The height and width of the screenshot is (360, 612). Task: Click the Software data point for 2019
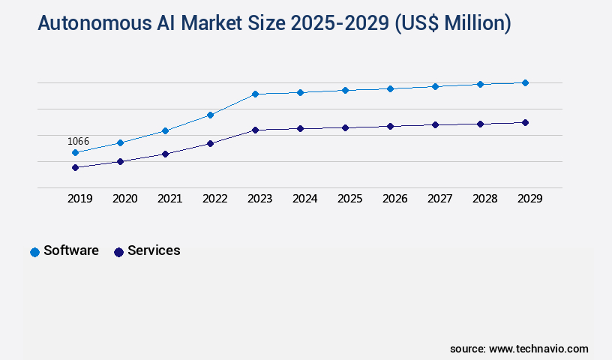[x=75, y=152]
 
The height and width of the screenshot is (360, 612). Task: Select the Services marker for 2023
[x=255, y=130]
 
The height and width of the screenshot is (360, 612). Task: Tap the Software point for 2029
[x=525, y=82]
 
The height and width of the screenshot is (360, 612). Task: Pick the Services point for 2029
[x=525, y=122]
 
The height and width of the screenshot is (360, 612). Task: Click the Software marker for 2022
[x=210, y=115]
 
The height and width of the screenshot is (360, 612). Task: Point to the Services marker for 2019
[x=75, y=167]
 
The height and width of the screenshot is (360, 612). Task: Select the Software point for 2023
[x=255, y=94]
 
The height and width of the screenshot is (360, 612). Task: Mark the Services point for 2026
[x=390, y=126]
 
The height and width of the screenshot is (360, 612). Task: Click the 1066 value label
[x=78, y=141]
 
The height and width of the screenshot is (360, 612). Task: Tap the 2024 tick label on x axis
[x=304, y=199]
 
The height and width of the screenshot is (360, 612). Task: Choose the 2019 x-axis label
[x=79, y=199]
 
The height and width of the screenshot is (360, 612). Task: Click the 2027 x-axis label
[x=439, y=199]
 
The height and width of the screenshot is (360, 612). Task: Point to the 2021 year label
[x=169, y=199]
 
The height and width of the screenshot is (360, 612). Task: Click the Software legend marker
[x=34, y=252]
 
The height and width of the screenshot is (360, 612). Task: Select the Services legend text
[x=154, y=250]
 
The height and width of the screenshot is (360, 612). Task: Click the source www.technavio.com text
[x=519, y=349]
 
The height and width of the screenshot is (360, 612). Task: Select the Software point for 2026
[x=390, y=88]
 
